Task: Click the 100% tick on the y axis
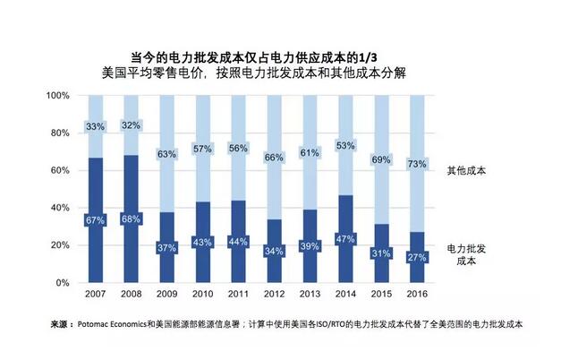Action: tap(57, 95)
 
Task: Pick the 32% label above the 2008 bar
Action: tap(131, 125)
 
